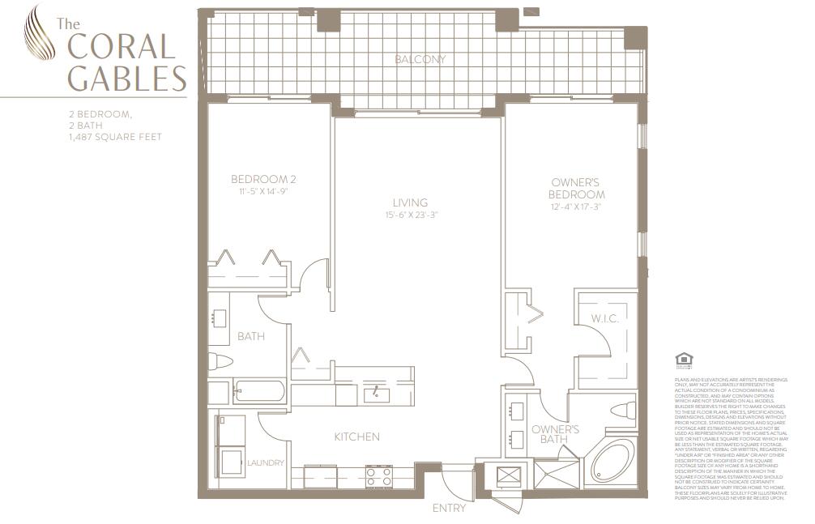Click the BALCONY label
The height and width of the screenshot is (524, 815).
[x=420, y=60]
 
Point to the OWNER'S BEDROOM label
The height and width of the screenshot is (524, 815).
[x=577, y=190]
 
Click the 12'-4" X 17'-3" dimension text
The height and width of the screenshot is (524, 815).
[x=577, y=207]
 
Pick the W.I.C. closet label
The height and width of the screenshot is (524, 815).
[x=605, y=318]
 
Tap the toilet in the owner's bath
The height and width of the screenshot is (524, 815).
[x=623, y=411]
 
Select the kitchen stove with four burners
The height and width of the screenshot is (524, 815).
[x=378, y=476]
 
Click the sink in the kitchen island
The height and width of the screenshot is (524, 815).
[x=377, y=394]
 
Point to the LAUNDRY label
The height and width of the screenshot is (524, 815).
[x=266, y=463]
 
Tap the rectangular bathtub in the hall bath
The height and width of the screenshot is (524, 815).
[x=259, y=392]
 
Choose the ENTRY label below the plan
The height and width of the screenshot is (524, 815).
[x=450, y=508]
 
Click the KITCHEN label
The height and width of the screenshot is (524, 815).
[x=356, y=437]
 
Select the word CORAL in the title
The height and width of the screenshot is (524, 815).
[x=122, y=46]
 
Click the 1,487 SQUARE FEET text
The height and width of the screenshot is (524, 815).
[x=115, y=137]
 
